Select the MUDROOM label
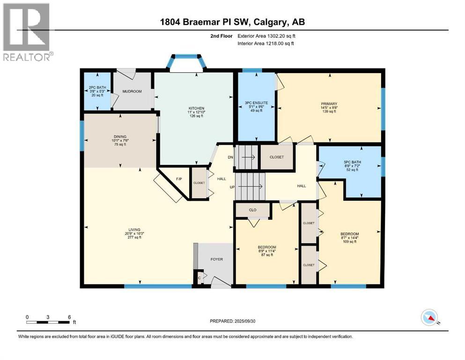[x=132, y=91]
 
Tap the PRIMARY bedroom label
[x=330, y=104]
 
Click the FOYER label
[x=216, y=259]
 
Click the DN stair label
[x=230, y=157]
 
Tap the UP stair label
[x=231, y=187]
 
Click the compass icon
[x=429, y=318]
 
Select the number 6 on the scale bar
[x=69, y=317]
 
